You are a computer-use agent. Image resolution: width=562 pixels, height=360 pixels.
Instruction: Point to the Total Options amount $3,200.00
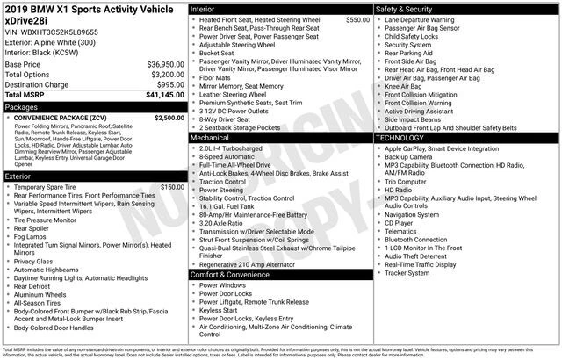point(162,75)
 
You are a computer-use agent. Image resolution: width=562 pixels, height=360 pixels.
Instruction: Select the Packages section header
point(23,106)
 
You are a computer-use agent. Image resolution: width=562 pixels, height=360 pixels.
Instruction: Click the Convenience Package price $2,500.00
point(169,117)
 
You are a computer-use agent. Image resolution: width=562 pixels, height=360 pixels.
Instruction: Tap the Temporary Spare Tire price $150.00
point(172,187)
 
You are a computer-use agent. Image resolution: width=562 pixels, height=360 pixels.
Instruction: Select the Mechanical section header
point(210,138)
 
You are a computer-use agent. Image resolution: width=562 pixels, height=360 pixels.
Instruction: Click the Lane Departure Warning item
point(420,19)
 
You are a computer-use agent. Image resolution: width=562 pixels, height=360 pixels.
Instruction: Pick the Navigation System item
point(411,214)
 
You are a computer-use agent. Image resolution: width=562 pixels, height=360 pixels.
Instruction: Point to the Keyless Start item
point(219,310)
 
